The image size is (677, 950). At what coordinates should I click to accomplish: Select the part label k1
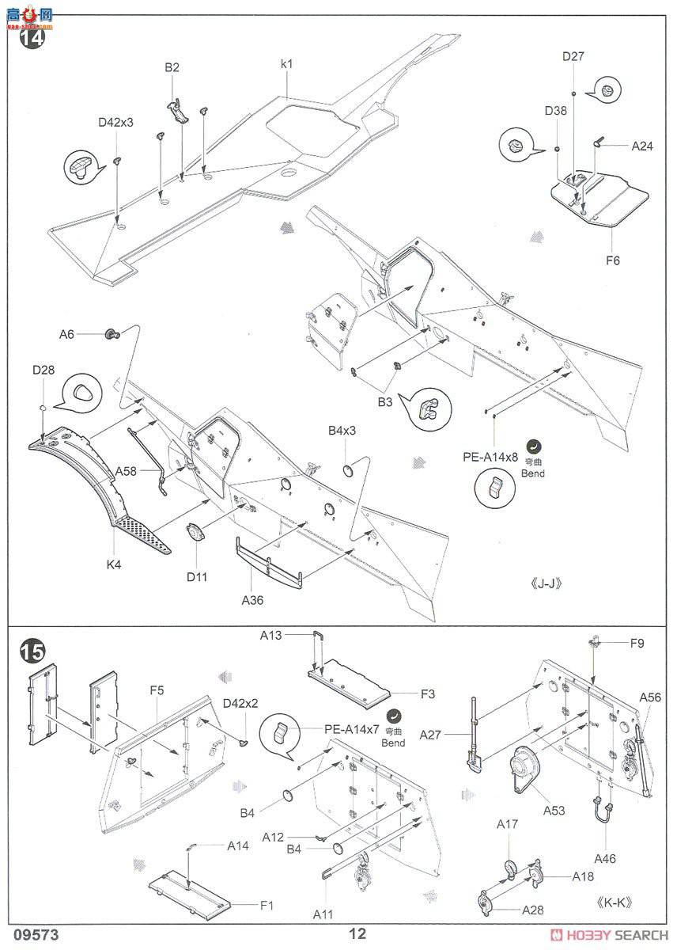pos(286,63)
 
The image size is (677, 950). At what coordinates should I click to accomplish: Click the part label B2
pos(172,68)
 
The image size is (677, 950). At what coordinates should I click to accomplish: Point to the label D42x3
pos(115,123)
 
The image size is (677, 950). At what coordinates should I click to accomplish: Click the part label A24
pos(642,146)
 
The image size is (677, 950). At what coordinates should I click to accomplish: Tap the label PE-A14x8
pos(490,457)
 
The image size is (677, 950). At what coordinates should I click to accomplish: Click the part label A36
pos(252,600)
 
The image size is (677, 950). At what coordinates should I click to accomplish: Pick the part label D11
pos(197,576)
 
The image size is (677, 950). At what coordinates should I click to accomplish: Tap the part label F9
pos(637,644)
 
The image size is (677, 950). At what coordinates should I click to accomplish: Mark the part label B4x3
pos(342,431)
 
